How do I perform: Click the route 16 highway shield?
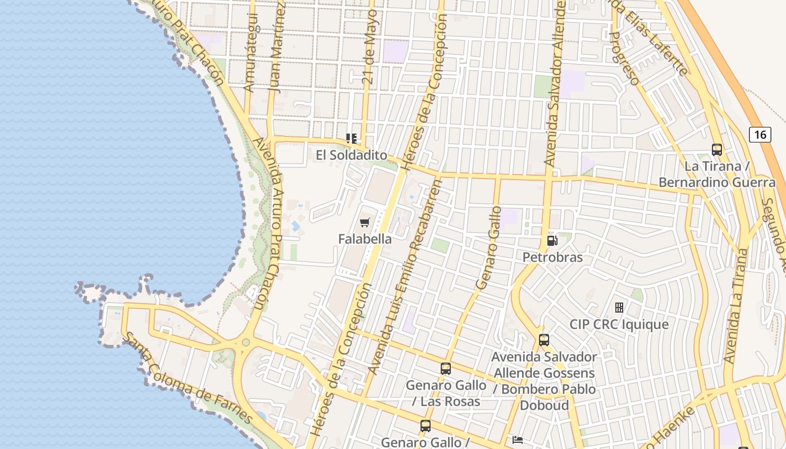click(760, 135)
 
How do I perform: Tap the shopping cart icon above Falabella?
click(365, 223)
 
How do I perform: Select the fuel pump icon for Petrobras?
click(552, 241)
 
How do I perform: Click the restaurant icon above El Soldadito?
click(351, 138)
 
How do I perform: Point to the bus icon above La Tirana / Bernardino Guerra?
click(717, 150)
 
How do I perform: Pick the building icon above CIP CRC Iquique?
click(619, 308)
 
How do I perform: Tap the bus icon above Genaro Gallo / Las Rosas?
click(446, 369)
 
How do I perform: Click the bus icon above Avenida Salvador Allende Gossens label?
click(544, 340)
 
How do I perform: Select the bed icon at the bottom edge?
click(518, 440)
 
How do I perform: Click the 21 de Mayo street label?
click(371, 47)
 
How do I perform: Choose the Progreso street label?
click(624, 58)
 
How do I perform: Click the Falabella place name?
click(365, 239)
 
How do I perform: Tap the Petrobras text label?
click(552, 258)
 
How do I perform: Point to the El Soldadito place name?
click(351, 155)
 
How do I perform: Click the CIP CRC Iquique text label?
click(619, 324)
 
